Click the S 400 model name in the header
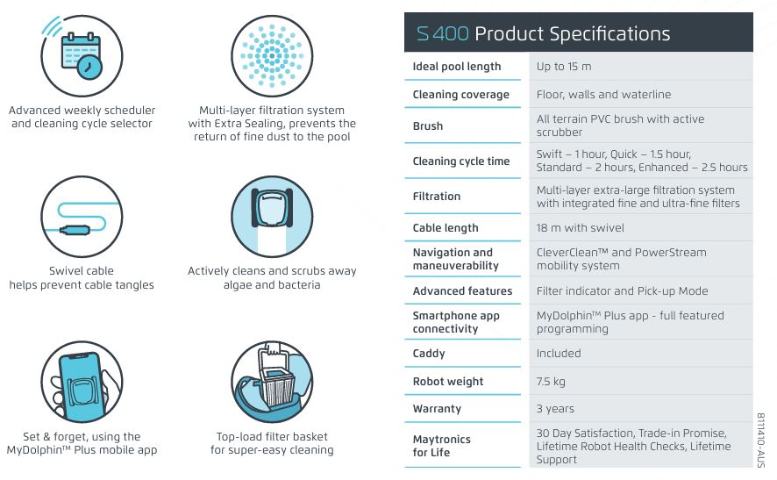[x=442, y=33]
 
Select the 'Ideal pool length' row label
[x=456, y=67]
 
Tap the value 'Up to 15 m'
[x=563, y=67]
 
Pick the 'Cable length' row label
[x=445, y=228]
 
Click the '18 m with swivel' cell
[x=580, y=228]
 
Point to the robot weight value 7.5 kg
[x=551, y=382]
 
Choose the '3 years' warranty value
[x=555, y=409]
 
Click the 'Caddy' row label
[x=429, y=354]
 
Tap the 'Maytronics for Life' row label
[x=441, y=446]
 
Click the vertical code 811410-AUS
[x=761, y=440]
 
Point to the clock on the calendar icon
[x=89, y=67]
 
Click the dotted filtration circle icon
[x=272, y=55]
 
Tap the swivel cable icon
[x=82, y=217]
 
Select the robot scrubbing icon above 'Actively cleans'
[x=272, y=217]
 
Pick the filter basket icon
[x=272, y=382]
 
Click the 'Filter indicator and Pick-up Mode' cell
[x=622, y=291]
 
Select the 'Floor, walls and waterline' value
[x=603, y=94]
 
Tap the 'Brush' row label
[x=428, y=126]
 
